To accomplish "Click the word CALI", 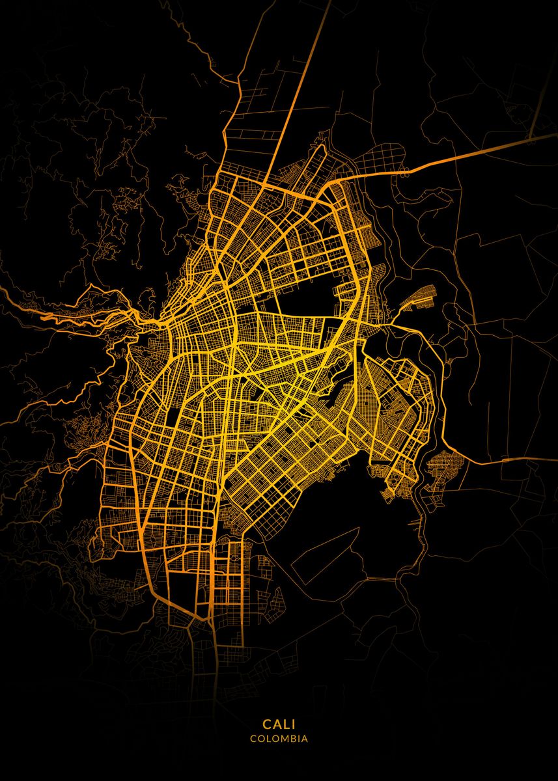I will [279, 724].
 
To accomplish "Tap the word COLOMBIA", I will [279, 739].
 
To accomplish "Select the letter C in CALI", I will [267, 724].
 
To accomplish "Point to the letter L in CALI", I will [285, 724].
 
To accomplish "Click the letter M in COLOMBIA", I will [281, 739].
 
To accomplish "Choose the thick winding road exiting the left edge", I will [39, 312].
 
